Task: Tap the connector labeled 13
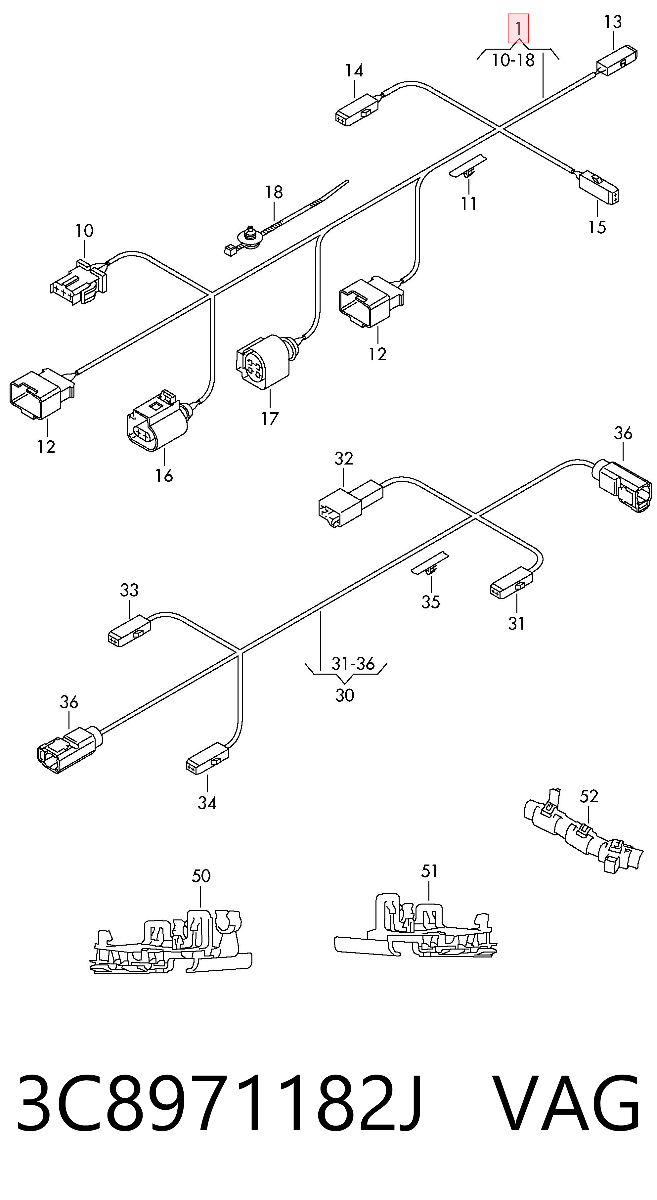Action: pos(617,61)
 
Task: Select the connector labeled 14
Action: pos(357,110)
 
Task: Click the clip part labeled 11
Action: pos(467,166)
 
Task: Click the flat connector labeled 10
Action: pos(79,283)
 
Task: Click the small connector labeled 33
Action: pos(129,631)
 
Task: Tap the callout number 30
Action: pos(345,695)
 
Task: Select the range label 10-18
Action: pos(513,60)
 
